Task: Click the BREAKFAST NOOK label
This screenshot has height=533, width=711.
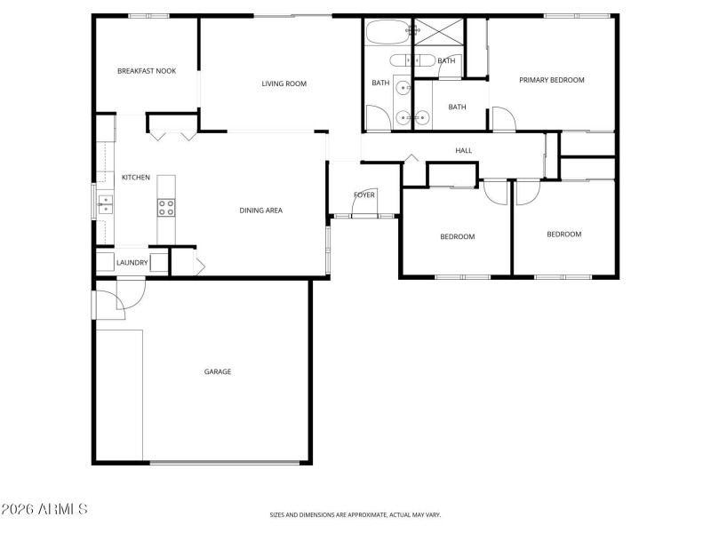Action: coord(147,71)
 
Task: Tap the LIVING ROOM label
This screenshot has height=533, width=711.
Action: coord(284,84)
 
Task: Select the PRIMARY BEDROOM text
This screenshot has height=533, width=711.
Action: coord(552,80)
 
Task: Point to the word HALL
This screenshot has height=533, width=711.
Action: coord(463,151)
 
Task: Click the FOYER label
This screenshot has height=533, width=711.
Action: coord(364,195)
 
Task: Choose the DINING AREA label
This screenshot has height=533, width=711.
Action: coord(260,211)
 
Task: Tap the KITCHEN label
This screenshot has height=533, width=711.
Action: coord(136,178)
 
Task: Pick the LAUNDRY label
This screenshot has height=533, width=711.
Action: coord(132,262)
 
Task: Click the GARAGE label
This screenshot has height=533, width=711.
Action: coord(218,371)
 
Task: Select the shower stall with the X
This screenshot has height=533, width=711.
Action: coord(439,33)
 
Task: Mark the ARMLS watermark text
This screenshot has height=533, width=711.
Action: coord(44,509)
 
